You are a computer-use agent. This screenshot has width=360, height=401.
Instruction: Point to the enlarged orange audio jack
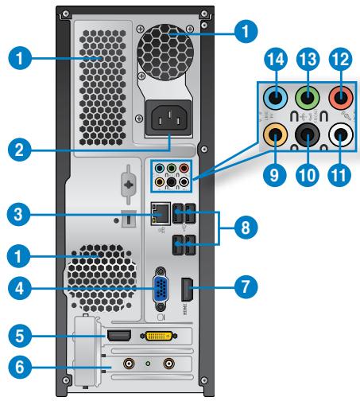(276, 136)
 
